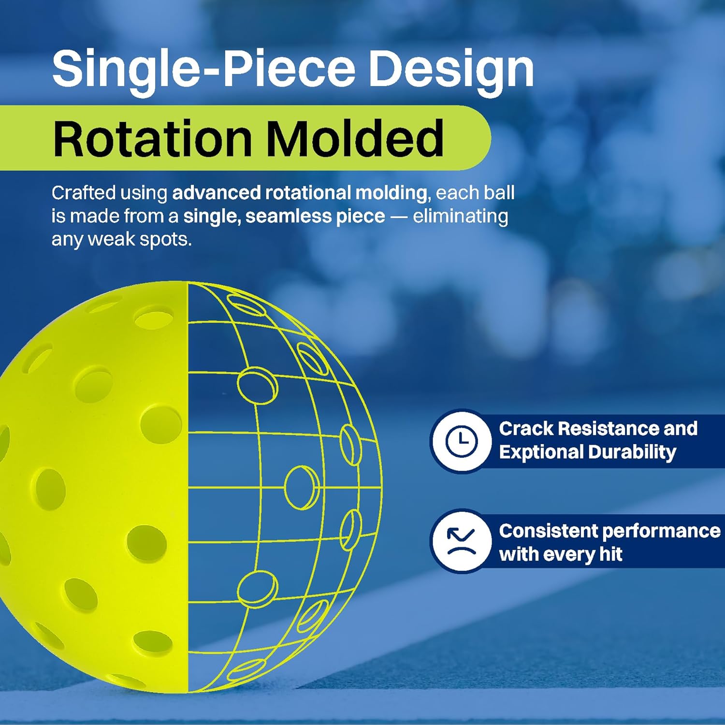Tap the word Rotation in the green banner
click(x=152, y=139)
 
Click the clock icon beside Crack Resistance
click(x=462, y=441)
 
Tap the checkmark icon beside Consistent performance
click(x=462, y=541)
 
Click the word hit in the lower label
click(x=611, y=554)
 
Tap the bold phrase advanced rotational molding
click(x=300, y=193)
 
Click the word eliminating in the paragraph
click(x=460, y=217)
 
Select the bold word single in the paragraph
click(x=211, y=217)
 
